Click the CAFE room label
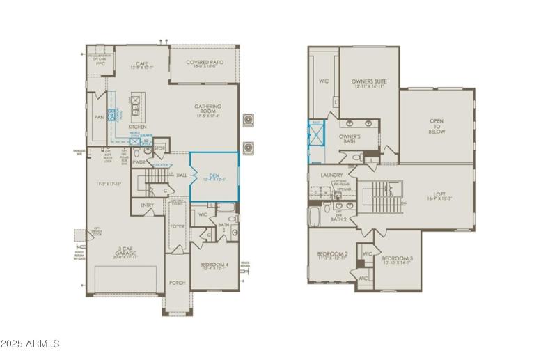[141, 63]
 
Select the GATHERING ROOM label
[207, 110]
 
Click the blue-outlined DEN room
[214, 177]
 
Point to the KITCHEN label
[136, 127]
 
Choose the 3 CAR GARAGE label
[125, 250]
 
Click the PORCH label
[177, 283]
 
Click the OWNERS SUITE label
[369, 82]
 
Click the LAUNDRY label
[333, 176]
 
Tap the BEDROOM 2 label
[333, 254]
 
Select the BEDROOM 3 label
[398, 259]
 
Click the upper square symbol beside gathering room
[246, 119]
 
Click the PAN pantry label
[100, 118]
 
